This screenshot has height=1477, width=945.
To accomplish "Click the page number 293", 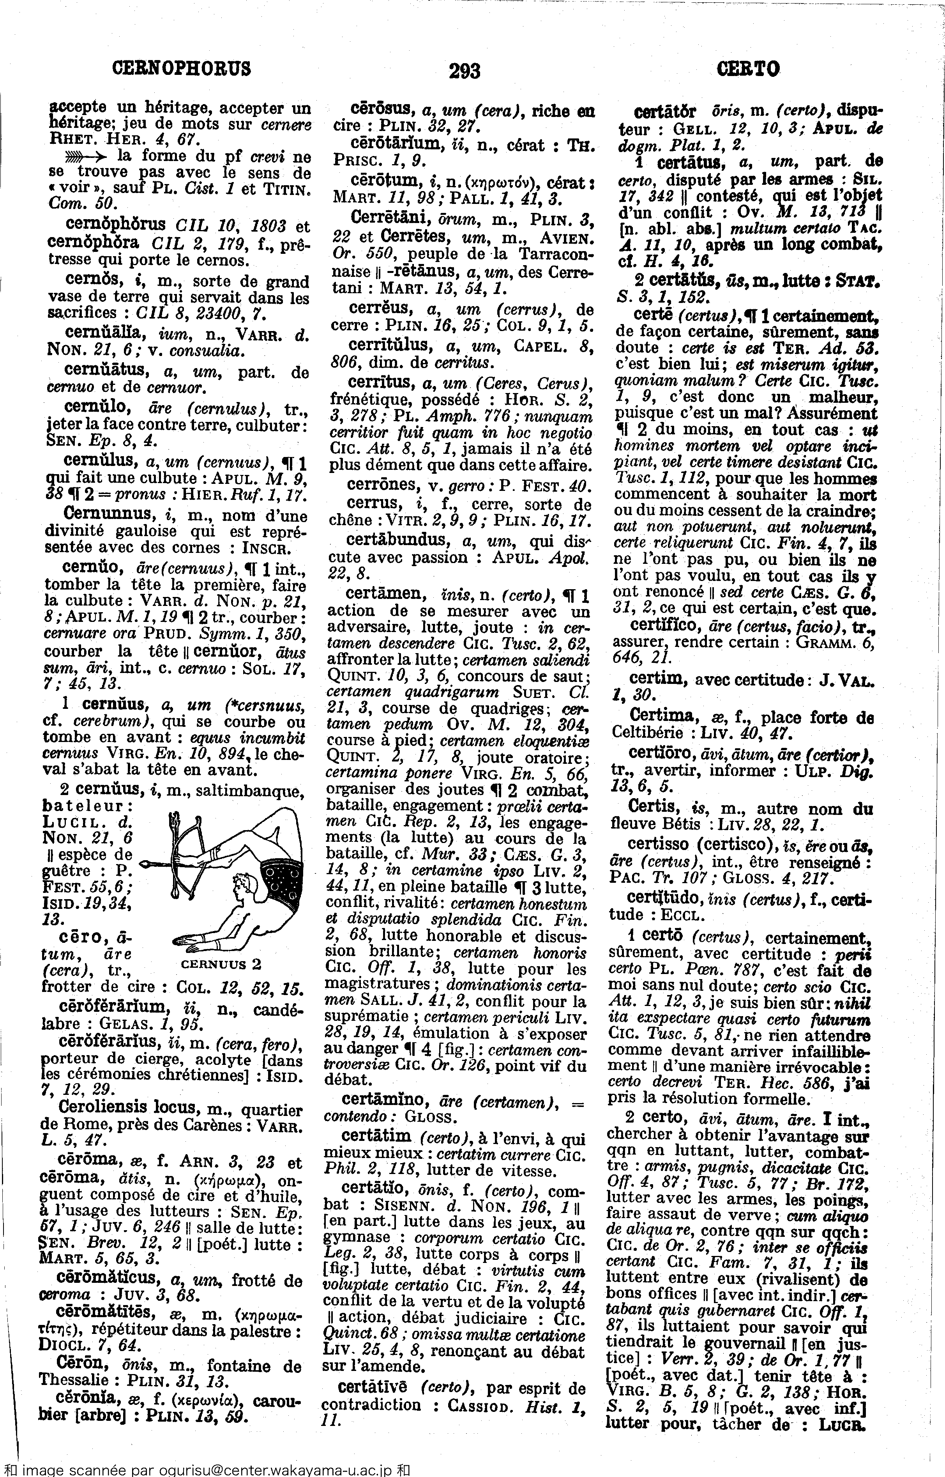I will click(465, 72).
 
